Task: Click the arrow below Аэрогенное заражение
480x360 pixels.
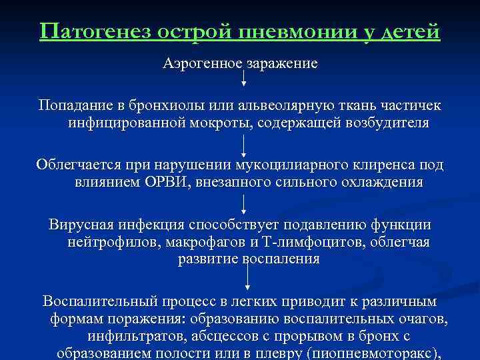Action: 243,78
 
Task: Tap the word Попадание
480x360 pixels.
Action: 75,107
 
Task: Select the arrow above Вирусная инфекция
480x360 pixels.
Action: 244,203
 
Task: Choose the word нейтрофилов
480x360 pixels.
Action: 109,242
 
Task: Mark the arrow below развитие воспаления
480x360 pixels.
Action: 249,275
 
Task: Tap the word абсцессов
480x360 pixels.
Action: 215,337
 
